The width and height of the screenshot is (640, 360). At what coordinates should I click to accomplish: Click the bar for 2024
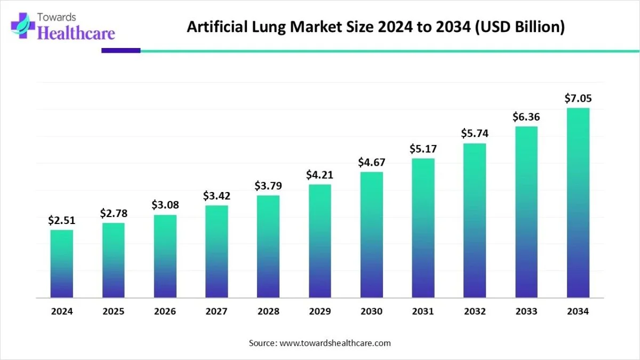(62, 263)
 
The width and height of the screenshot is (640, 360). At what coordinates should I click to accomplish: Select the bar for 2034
(578, 203)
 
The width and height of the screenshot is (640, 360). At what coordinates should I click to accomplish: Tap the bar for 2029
(320, 241)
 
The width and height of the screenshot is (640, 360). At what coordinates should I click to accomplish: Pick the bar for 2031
(423, 228)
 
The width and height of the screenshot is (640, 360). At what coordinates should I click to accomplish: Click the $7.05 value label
(578, 99)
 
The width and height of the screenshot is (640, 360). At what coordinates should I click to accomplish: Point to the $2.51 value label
(62, 220)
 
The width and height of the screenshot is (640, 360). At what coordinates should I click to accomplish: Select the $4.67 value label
(372, 162)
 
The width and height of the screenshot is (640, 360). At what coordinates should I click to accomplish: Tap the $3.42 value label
(217, 196)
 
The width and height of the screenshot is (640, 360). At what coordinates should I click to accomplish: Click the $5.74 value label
(475, 134)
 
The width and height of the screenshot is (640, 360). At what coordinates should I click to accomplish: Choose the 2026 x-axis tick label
(165, 311)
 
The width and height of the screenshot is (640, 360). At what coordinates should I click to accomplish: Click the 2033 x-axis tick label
(526, 311)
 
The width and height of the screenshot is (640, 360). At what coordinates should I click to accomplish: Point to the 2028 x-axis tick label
(268, 311)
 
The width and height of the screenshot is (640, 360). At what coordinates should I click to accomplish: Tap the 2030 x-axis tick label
(372, 311)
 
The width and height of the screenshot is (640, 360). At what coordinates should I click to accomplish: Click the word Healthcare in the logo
(77, 34)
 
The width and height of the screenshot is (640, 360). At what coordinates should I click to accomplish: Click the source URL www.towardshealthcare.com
(335, 343)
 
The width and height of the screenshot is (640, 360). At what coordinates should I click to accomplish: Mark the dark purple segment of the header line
(121, 51)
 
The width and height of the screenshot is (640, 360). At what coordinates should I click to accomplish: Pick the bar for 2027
(217, 251)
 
